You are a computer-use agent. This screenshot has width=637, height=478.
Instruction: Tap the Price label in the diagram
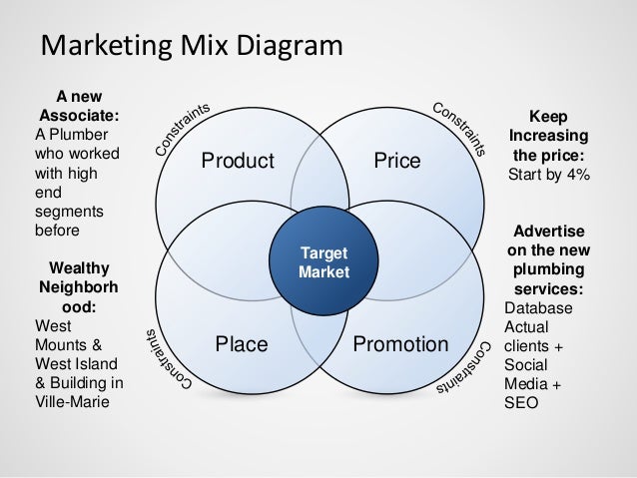click(397, 162)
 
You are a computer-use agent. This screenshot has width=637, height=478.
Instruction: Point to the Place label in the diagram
click(242, 345)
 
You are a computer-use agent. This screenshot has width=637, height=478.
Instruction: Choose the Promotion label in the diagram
click(400, 345)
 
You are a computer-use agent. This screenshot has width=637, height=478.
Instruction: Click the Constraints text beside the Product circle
click(180, 130)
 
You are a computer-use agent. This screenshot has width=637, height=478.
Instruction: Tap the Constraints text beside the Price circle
click(460, 130)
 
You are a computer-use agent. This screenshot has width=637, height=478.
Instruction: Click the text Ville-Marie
click(73, 404)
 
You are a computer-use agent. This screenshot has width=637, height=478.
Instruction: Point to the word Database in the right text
click(540, 307)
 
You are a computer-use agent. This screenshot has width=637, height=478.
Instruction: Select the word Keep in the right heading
click(548, 115)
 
